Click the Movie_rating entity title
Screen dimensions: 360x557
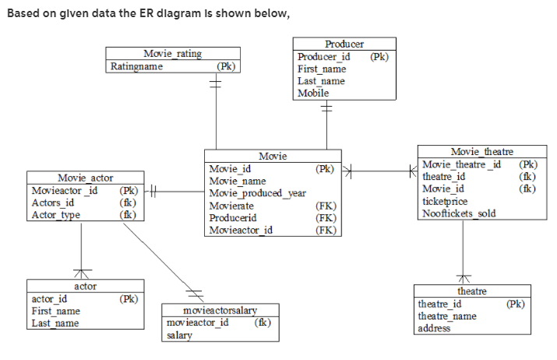tap(172, 54)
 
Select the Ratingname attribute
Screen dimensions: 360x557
tap(137, 66)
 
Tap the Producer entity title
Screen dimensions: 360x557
tap(344, 44)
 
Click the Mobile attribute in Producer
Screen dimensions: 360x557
tap(313, 94)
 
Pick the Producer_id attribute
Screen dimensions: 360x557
tap(324, 57)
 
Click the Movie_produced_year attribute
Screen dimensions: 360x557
tap(257, 193)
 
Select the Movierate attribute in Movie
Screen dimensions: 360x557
tap(231, 206)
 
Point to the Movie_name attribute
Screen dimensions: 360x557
tap(238, 181)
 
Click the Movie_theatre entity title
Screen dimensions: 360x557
tap(482, 151)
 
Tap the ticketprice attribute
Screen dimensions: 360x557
tap(445, 201)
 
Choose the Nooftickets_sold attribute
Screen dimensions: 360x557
tap(459, 214)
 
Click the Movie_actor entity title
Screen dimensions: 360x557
tap(86, 178)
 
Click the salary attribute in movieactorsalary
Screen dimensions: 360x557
tap(180, 335)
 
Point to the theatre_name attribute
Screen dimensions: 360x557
tap(447, 316)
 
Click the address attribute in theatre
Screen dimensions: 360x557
tap(434, 328)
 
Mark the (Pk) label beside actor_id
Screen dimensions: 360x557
tap(127, 298)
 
